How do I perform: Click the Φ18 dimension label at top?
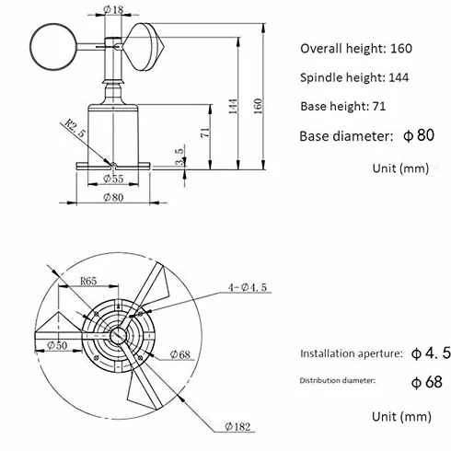click(x=113, y=9)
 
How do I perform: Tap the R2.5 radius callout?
click(x=75, y=128)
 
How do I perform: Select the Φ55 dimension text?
click(x=113, y=179)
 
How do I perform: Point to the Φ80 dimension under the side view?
click(x=113, y=197)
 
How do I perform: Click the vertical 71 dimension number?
click(x=205, y=133)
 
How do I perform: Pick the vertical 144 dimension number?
click(x=233, y=106)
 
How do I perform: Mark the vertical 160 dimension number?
click(x=259, y=106)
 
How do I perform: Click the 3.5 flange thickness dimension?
click(x=180, y=156)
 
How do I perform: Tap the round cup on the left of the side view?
click(x=53, y=47)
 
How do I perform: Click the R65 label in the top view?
click(x=88, y=281)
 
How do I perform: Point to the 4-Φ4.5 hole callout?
click(x=248, y=287)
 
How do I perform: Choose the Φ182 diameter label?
click(x=237, y=426)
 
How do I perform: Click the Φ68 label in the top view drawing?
click(x=180, y=354)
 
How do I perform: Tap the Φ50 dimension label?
click(x=57, y=345)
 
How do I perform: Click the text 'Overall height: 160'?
click(x=356, y=49)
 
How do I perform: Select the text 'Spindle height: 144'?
click(x=354, y=77)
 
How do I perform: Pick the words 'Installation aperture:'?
click(x=351, y=353)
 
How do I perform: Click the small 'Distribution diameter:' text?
click(x=338, y=381)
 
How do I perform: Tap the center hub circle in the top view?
click(x=118, y=335)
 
